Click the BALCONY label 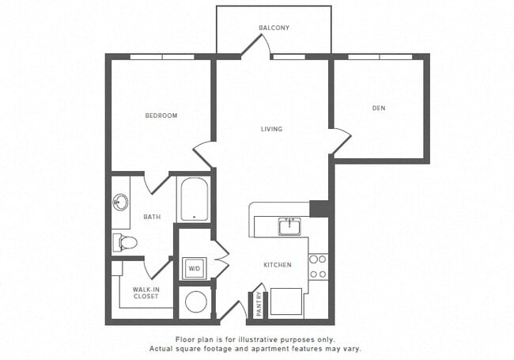coord(274,28)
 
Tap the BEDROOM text coord(161,116)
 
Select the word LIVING coord(272,129)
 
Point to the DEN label coord(379,108)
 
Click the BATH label coord(152,216)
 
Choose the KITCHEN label coord(277,264)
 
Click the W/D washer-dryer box coord(194,269)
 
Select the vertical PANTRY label coord(259,305)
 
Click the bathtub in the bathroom coord(194,200)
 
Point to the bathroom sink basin coord(121,203)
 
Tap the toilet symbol coord(124,242)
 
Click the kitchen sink coord(289,227)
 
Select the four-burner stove coord(318,267)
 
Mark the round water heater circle coord(195,301)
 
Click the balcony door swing coord(255,46)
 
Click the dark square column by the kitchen coord(319,209)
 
